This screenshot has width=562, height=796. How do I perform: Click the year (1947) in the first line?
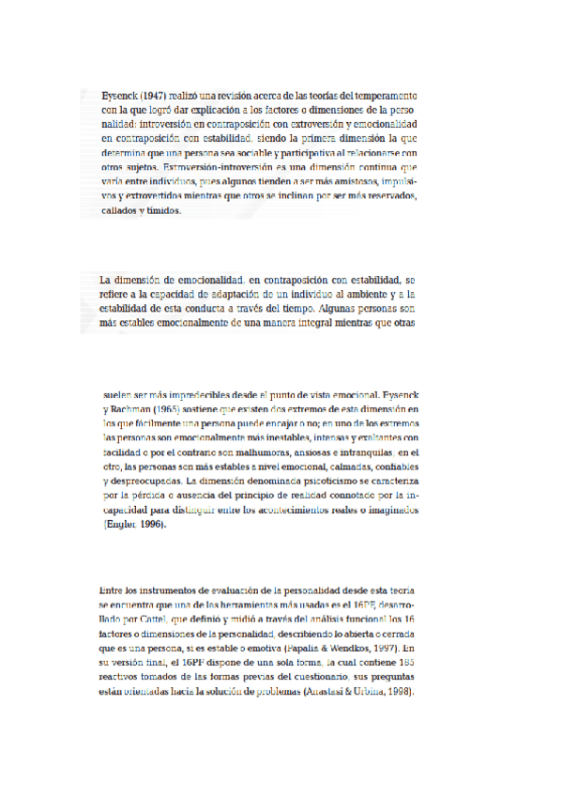coord(157,96)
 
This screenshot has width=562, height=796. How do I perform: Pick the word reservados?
coord(377,195)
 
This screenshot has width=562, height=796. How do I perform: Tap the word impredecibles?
coord(191,395)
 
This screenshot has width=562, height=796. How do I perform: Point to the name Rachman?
coord(133,409)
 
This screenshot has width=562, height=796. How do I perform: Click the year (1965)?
coord(177,409)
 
